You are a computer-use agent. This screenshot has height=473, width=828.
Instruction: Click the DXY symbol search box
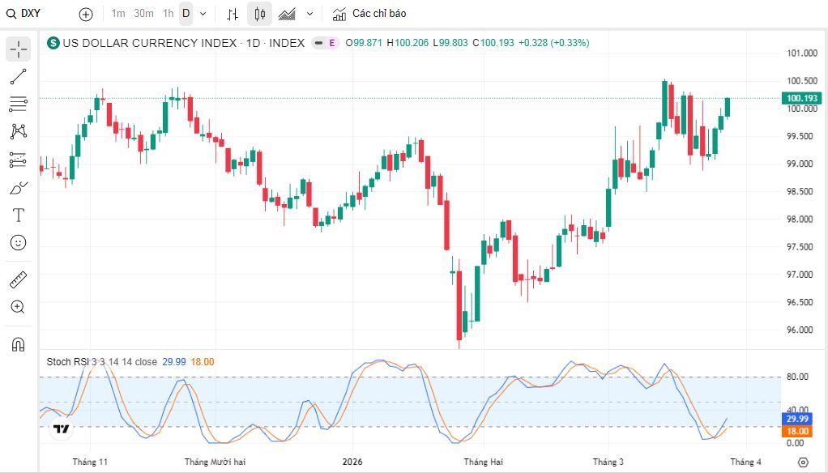coord(23,14)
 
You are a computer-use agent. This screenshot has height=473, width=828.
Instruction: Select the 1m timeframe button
coord(118,14)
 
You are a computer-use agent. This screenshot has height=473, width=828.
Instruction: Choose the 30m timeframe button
coord(143,14)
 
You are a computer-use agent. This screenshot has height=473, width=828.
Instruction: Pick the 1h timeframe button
coord(168,14)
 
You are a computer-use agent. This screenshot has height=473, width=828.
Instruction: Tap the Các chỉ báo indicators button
coord(369,14)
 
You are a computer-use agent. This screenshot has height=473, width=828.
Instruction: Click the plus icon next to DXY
coord(86,15)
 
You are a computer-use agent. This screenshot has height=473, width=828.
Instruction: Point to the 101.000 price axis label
coord(801,53)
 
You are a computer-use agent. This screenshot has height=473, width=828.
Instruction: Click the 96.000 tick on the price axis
coord(800,330)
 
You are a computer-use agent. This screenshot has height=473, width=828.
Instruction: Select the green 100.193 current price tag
coord(801,98)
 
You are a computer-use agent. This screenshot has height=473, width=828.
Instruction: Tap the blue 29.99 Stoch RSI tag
coord(797,420)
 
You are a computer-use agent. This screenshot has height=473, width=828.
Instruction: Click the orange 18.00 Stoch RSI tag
coord(797,432)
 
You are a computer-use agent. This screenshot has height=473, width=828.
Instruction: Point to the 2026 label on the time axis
coord(352,462)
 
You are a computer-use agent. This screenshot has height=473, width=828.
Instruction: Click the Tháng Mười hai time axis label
coord(215,462)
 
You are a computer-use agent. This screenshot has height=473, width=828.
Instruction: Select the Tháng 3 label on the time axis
coord(608,462)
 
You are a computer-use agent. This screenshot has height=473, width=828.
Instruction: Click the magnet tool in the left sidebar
coord(18,345)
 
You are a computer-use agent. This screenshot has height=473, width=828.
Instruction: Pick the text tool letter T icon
coord(18,215)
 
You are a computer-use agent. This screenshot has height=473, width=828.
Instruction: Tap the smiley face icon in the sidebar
coord(18,243)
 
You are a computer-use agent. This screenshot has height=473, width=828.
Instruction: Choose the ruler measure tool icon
coord(18,279)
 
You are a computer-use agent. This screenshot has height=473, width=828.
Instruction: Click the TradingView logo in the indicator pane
coord(62,428)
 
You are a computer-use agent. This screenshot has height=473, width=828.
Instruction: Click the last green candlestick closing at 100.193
coord(728,107)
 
